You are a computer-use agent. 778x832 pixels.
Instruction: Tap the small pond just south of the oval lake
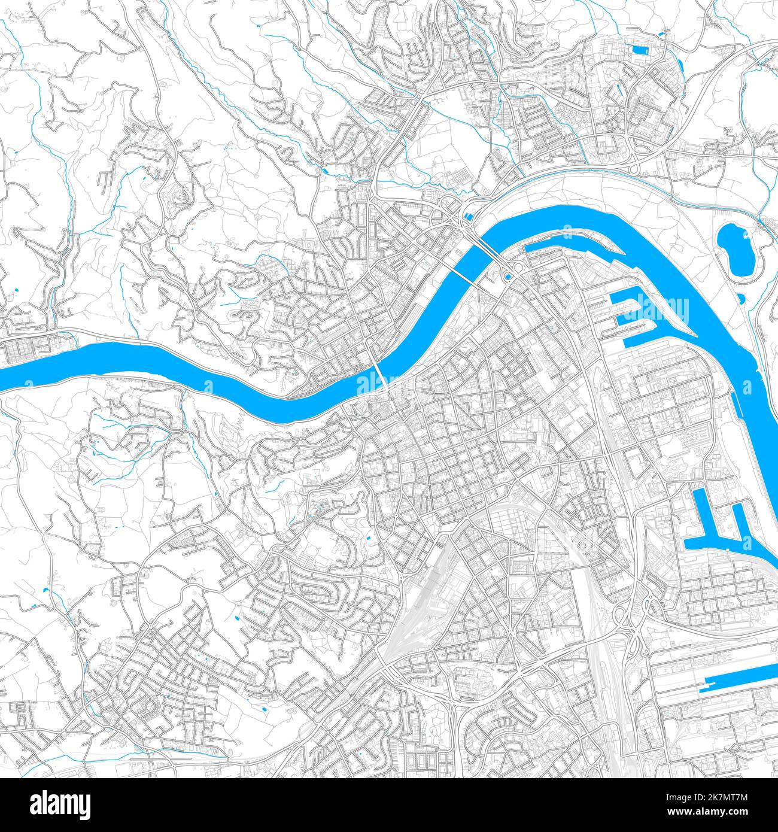pos(741,297)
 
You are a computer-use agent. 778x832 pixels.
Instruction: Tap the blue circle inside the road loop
pos(508,276)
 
